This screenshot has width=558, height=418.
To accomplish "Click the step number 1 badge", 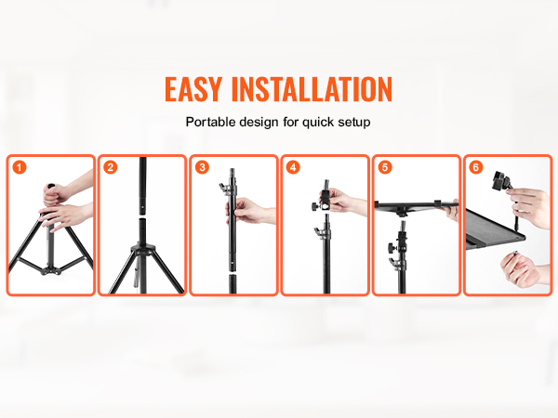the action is pos(20,167).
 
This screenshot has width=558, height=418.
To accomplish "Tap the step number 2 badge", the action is pos(111,167).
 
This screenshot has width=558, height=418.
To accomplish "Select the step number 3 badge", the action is pos(202,167).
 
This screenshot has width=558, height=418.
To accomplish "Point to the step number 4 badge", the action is pos(293,167).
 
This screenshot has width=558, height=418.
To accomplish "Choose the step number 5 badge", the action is pos(385,167).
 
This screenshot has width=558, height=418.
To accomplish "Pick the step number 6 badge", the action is pos(476,167).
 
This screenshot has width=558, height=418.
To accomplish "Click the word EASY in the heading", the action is pos(193,89).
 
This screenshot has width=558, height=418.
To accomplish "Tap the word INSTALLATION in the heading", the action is pos(312,89).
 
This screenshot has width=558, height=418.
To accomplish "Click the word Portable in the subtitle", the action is pos(211,122).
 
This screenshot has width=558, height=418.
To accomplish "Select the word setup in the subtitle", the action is pos(354,123).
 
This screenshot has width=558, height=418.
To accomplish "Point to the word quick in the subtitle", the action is pos(318,123).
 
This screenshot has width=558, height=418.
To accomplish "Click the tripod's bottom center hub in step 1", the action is pos(51,271).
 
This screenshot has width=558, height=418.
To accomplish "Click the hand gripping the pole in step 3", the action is pos(249,212).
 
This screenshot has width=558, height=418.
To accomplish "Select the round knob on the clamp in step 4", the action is pos(315,206).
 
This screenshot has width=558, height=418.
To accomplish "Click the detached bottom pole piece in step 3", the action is pos(232,283).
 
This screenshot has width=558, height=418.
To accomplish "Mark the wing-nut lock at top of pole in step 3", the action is pos(224,188).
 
